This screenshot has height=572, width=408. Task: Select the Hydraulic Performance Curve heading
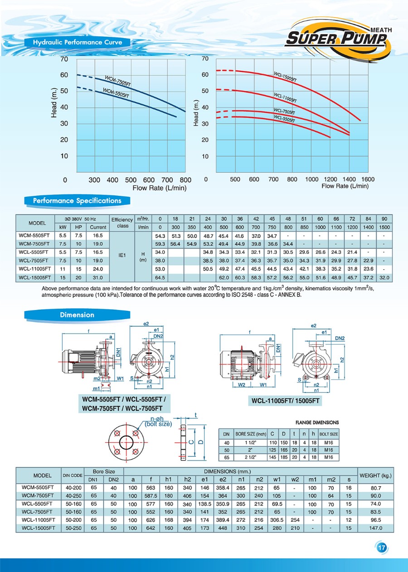click(78, 43)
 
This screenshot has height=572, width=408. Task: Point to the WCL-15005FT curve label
click(285, 77)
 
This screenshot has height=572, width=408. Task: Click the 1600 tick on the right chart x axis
click(368, 179)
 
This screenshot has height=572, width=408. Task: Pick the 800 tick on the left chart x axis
click(185, 180)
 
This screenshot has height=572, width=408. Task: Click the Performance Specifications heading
click(77, 200)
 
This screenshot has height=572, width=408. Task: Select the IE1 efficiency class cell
click(122, 255)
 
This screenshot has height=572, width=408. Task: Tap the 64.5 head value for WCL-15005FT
click(160, 277)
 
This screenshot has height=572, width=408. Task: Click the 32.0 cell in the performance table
click(384, 277)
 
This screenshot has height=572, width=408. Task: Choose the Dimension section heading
click(77, 315)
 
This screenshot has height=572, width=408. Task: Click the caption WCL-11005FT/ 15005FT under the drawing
click(286, 401)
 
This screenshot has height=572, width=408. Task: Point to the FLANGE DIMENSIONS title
click(317, 422)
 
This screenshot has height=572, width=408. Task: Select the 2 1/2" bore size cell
click(250, 457)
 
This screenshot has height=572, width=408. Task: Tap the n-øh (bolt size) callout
click(158, 422)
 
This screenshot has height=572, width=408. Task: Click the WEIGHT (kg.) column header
click(376, 476)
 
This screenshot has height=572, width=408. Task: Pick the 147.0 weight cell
click(376, 528)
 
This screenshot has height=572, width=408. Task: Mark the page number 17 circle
click(381, 548)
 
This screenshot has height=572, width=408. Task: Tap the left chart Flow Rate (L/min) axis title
click(159, 188)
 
